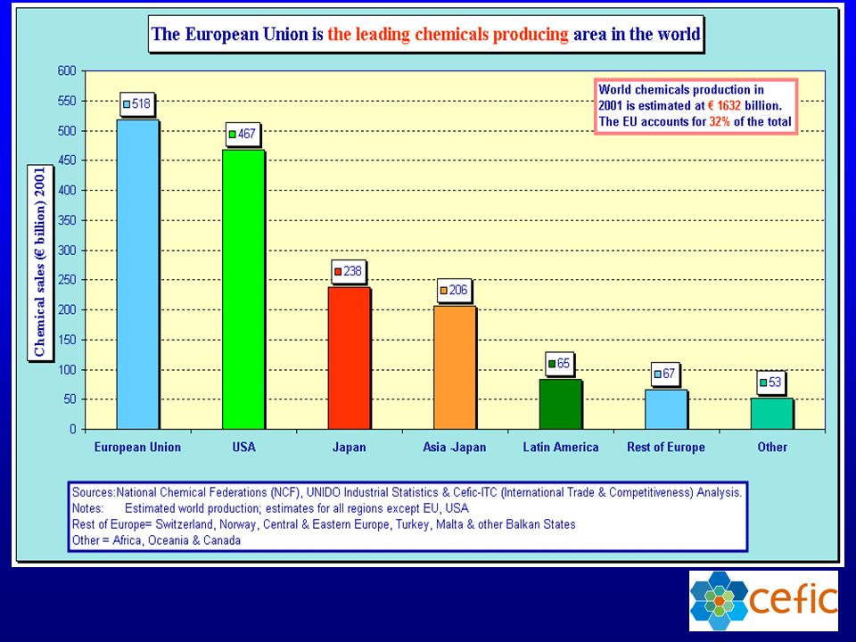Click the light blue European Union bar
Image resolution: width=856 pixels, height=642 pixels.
pyautogui.click(x=138, y=274)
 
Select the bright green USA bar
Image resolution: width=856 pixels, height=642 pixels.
pyautogui.click(x=243, y=289)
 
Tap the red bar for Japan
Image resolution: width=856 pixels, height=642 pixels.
pyautogui.click(x=350, y=358)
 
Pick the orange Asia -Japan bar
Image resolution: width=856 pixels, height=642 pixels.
pyautogui.click(x=455, y=367)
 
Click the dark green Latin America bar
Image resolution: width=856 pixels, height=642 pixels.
pyautogui.click(x=561, y=404)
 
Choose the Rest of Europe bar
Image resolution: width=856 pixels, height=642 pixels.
pyautogui.click(x=666, y=409)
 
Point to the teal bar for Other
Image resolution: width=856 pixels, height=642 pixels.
pyautogui.click(x=772, y=414)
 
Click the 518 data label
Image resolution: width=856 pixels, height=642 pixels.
pyautogui.click(x=137, y=103)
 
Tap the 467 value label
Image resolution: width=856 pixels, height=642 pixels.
pyautogui.click(x=243, y=134)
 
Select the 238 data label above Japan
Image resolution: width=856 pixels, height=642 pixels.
pyautogui.click(x=349, y=271)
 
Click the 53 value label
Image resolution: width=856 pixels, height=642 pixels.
pyautogui.click(x=770, y=383)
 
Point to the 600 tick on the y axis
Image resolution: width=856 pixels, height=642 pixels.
pyautogui.click(x=67, y=71)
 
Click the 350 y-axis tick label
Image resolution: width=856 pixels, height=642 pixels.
pyautogui.click(x=67, y=220)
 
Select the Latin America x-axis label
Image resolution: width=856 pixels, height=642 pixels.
pyautogui.click(x=561, y=447)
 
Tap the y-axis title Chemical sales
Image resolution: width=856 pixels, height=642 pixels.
pyautogui.click(x=40, y=262)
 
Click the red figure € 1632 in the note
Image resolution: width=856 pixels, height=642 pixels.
pyautogui.click(x=724, y=105)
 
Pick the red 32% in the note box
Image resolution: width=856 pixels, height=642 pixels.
pyautogui.click(x=720, y=121)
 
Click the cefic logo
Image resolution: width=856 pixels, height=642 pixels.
pyautogui.click(x=763, y=600)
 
